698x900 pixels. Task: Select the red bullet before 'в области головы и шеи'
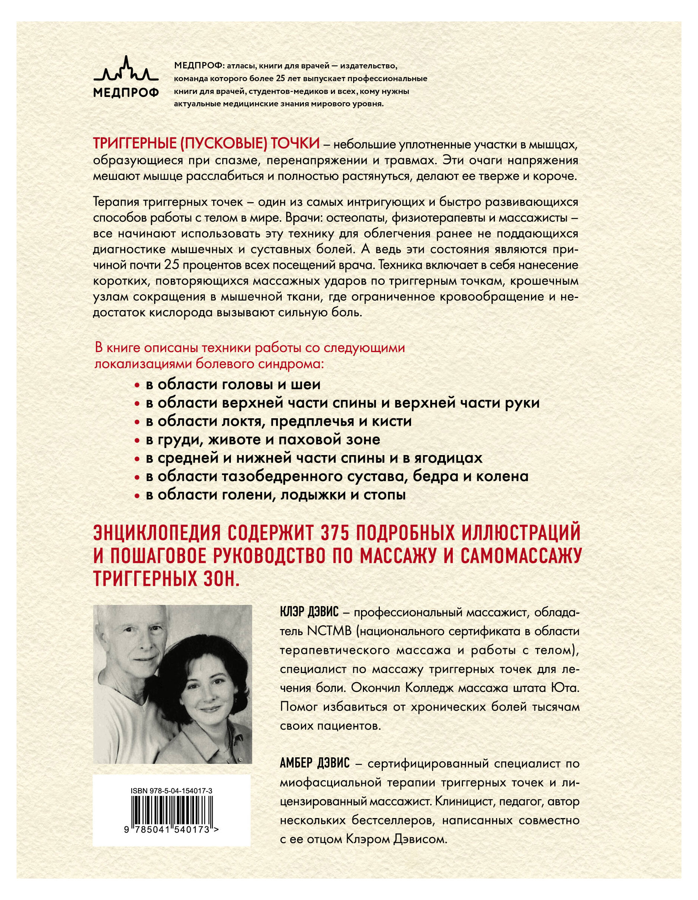[x=138, y=385]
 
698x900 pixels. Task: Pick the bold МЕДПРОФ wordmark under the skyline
[x=125, y=93]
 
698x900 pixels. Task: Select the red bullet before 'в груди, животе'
[x=138, y=440]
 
